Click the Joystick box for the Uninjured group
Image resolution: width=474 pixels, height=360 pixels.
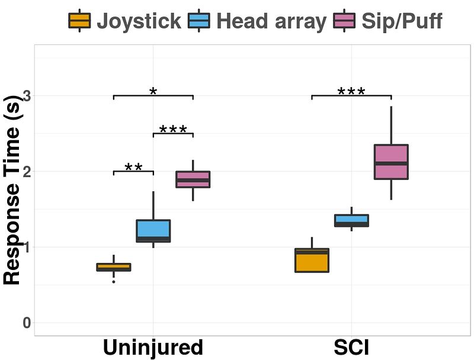coord(114,267)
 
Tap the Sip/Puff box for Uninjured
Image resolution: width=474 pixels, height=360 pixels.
coord(193,179)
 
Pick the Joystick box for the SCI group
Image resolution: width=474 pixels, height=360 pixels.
coord(312,260)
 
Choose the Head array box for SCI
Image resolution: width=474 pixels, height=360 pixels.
coord(352,220)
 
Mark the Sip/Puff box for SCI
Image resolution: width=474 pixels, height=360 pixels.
coord(391,162)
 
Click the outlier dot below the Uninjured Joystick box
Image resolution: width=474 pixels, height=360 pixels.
coord(114,282)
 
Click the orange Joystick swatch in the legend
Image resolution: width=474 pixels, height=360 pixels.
coord(79,21)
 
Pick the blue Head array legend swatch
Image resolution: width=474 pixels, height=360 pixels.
coord(200,21)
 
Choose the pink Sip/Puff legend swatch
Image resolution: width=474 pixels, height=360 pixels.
coord(344,21)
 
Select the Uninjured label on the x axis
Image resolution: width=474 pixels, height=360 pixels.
coord(153,348)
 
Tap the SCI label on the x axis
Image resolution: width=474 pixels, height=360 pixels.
coord(351,348)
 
